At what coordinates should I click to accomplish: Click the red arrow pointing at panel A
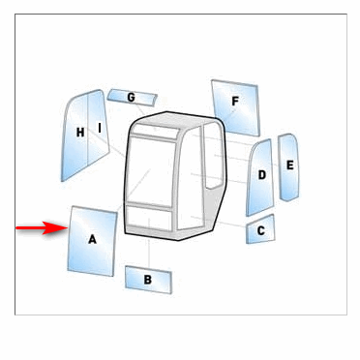click(42, 228)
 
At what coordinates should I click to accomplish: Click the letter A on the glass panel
click(92, 239)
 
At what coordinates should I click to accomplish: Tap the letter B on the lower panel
click(147, 280)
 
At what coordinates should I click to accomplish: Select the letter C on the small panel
click(261, 230)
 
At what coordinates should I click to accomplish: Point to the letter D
click(262, 175)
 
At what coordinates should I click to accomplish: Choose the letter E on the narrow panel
click(290, 165)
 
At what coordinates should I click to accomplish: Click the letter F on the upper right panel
click(235, 102)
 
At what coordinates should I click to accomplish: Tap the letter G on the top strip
click(131, 97)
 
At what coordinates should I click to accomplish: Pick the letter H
click(80, 133)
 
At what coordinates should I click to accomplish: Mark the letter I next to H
click(100, 128)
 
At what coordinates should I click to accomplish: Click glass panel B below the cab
click(148, 280)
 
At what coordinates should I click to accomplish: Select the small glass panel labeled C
click(260, 229)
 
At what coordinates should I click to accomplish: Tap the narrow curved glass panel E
click(289, 167)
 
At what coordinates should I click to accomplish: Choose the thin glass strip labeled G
click(132, 98)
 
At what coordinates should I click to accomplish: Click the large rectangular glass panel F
click(235, 107)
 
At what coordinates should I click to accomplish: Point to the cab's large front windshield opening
click(151, 172)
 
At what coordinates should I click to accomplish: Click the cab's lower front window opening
click(148, 219)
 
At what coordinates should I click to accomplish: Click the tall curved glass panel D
click(260, 177)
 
